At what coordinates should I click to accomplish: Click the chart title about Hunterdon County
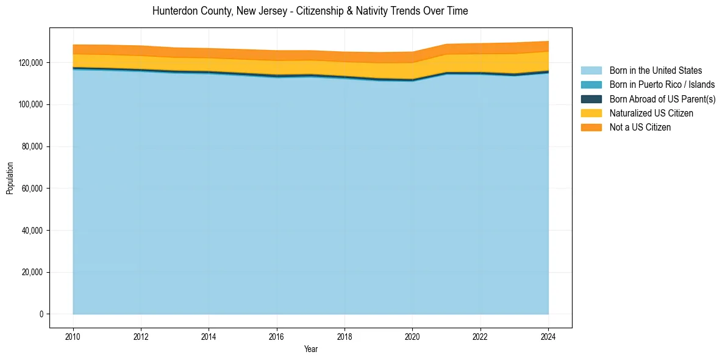tap(310, 11)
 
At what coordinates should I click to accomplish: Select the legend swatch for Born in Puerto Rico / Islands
tap(591, 85)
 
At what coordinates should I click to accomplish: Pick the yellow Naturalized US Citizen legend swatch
tap(591, 113)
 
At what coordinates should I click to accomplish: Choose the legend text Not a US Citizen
tap(640, 127)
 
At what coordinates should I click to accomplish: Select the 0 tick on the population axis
tap(41, 314)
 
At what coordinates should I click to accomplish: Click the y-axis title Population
tap(10, 178)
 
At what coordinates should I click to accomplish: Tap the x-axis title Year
tap(310, 349)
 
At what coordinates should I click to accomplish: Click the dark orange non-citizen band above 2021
tap(446, 49)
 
